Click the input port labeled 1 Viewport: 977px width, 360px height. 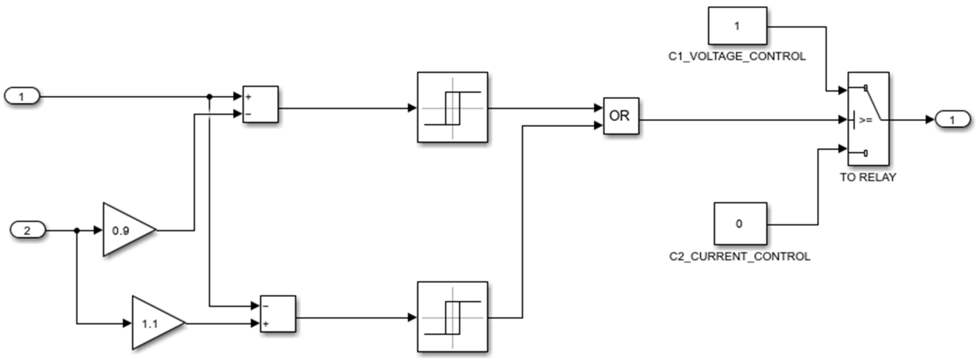[x=22, y=96]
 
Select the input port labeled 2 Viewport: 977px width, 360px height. [x=27, y=230]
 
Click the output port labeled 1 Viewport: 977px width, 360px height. [x=952, y=120]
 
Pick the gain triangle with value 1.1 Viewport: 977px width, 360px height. [x=155, y=323]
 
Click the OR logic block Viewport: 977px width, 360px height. [x=621, y=116]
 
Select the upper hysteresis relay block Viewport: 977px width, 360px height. [x=452, y=107]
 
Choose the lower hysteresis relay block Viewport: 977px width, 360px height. [x=452, y=317]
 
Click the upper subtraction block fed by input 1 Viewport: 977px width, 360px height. [x=260, y=104]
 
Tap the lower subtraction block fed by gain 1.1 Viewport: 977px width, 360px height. [x=278, y=314]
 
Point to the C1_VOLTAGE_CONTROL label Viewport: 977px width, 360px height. [x=737, y=56]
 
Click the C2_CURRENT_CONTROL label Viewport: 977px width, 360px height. [x=739, y=257]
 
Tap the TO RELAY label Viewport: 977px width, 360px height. [x=868, y=177]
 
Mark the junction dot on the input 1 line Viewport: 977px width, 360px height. [x=209, y=97]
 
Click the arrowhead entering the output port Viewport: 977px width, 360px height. [x=930, y=120]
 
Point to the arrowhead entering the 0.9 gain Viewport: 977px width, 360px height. [x=98, y=230]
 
